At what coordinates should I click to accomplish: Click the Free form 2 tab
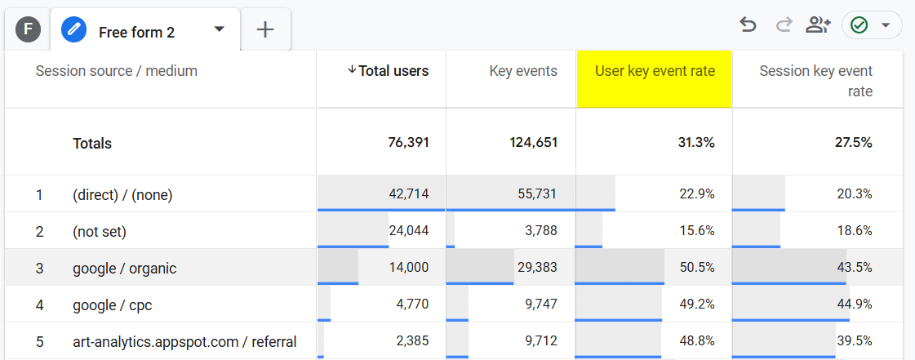(135, 32)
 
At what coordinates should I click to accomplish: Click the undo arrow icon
(748, 25)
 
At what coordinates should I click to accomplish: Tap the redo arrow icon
(784, 25)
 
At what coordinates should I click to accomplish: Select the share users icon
(817, 25)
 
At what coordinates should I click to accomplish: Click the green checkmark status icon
(859, 25)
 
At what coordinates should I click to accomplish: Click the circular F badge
(29, 30)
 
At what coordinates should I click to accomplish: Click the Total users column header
(388, 71)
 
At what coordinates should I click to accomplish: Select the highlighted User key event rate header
(655, 71)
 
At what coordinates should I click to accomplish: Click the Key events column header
(522, 71)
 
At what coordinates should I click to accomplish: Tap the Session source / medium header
(117, 71)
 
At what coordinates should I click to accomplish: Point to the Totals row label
(92, 143)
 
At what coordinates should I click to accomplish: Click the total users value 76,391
(408, 143)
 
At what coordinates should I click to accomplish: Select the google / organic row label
(124, 268)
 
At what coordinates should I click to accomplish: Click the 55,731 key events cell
(533, 194)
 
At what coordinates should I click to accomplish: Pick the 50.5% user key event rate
(697, 268)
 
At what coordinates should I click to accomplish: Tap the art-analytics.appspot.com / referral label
(184, 341)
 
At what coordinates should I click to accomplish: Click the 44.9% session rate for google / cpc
(855, 304)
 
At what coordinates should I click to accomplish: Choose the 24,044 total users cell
(408, 231)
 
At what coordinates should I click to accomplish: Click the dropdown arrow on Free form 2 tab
(219, 29)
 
